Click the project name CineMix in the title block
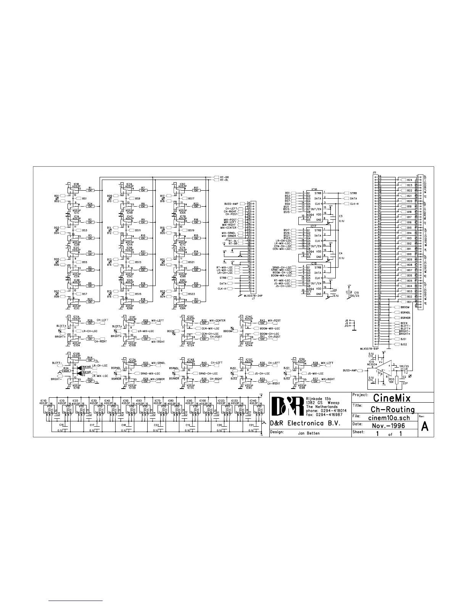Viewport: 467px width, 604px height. coord(392,398)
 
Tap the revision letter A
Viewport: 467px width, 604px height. coord(425,427)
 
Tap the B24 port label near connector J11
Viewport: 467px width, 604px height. coord(409,180)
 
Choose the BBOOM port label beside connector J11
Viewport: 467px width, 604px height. coord(404,307)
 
